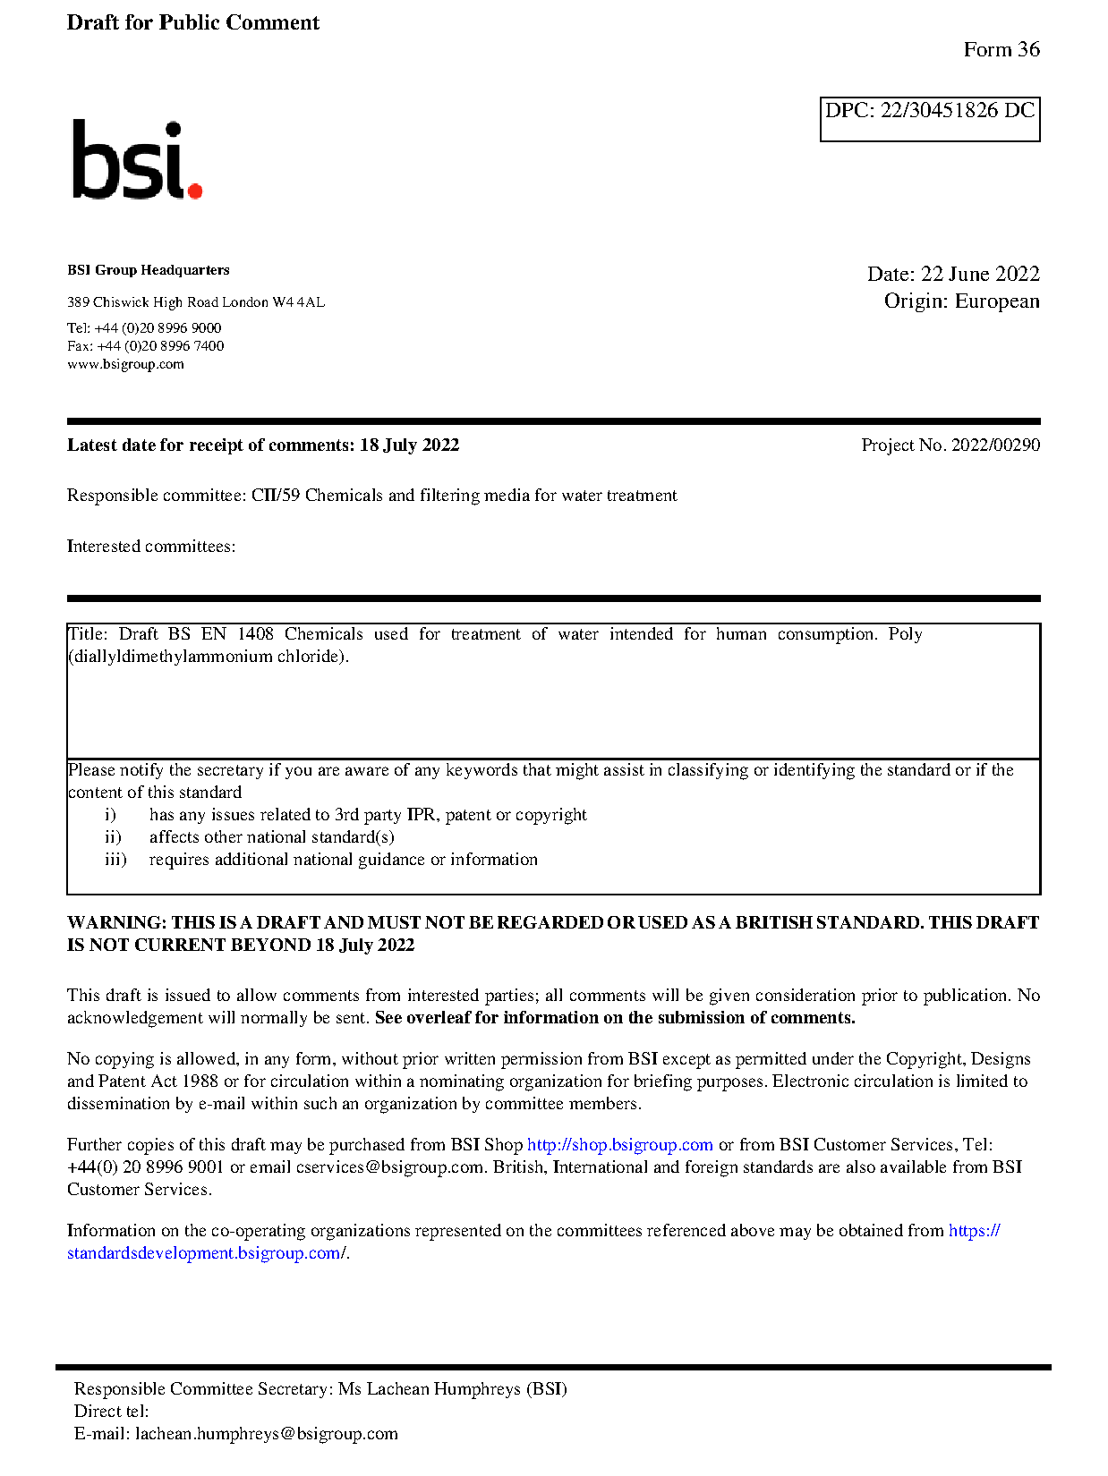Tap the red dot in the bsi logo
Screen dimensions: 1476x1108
coord(194,190)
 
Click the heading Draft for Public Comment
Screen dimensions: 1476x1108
coord(192,22)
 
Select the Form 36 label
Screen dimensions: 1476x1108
coord(1001,50)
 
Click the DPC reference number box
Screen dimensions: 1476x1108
coord(929,119)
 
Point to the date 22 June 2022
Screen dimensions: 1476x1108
coord(980,274)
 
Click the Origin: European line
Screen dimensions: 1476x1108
coord(961,301)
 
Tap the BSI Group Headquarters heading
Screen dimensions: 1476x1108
coord(148,270)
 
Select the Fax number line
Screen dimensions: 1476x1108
coord(145,346)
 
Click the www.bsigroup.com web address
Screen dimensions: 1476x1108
coord(125,364)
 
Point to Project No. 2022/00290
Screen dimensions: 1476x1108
coord(950,445)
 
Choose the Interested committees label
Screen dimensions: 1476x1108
coord(150,547)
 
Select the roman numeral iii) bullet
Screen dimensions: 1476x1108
coord(115,860)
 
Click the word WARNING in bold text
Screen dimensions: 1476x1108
coord(116,922)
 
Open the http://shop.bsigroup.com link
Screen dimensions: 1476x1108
coord(619,1145)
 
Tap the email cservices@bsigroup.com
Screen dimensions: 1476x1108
coord(389,1167)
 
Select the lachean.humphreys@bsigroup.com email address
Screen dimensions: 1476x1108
coord(266,1434)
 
